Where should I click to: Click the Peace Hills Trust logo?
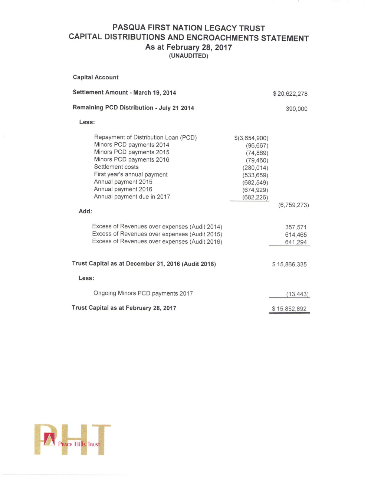click(72, 440)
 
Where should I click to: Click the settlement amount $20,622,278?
click(290, 94)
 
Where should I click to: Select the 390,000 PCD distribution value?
click(296, 109)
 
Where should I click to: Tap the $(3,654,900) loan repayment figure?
click(251, 138)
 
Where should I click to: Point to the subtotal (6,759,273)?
click(293, 205)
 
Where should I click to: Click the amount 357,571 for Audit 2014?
click(296, 227)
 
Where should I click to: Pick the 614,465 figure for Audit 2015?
click(296, 235)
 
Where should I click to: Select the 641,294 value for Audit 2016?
click(296, 242)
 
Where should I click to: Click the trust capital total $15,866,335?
click(289, 264)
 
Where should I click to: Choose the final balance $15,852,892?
click(289, 309)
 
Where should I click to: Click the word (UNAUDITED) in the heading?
click(188, 56)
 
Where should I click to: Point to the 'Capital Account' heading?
click(96, 77)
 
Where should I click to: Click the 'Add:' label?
click(85, 211)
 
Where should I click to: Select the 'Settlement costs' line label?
click(116, 167)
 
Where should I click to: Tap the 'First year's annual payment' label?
click(131, 174)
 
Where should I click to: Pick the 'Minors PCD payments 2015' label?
click(132, 152)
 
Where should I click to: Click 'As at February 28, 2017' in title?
click(188, 47)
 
